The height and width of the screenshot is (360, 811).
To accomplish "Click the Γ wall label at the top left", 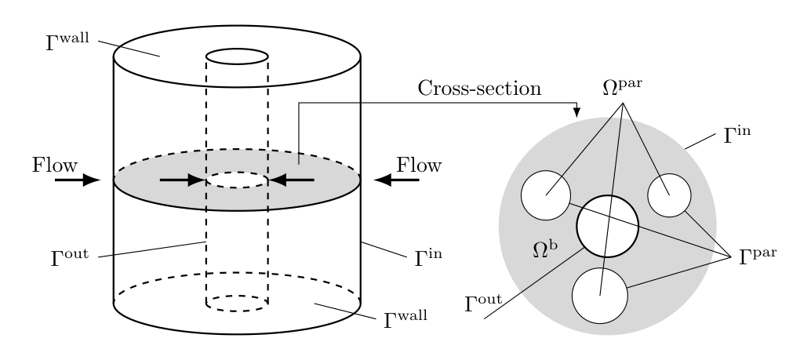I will (x=69, y=40).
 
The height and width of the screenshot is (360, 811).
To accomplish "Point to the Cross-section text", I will (x=478, y=89).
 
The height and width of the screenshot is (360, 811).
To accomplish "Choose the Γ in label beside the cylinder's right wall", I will (x=432, y=256).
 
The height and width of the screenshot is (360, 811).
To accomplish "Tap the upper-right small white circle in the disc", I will (x=669, y=196).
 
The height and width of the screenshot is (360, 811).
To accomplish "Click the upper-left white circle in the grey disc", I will (x=546, y=195).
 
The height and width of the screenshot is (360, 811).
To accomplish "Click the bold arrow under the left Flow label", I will (x=78, y=180).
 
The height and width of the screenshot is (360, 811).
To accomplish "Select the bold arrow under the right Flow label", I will (x=396, y=180).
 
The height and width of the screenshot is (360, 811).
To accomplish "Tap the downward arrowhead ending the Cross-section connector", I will (x=577, y=113).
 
